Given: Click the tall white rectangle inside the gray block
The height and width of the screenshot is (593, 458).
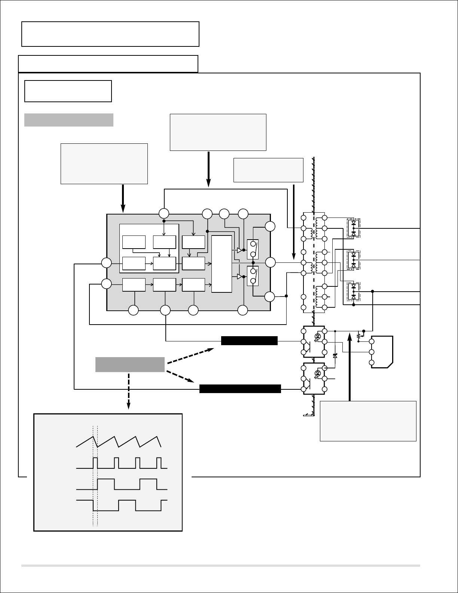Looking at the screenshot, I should tap(222, 264).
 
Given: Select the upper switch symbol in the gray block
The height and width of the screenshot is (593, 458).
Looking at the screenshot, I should tap(253, 249).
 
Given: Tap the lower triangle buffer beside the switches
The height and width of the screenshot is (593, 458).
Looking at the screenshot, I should tap(240, 277).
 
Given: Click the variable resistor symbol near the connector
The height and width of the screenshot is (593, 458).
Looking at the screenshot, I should tap(359, 336).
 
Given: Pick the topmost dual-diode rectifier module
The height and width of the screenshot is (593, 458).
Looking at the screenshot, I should tap(354, 228).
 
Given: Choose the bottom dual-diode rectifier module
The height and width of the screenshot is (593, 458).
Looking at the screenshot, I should tap(354, 292).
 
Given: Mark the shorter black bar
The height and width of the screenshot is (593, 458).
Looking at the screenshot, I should tap(249, 341).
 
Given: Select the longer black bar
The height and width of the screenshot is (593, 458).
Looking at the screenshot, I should tap(240, 389).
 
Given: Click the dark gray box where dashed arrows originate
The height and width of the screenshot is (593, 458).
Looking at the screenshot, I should tap(130, 364).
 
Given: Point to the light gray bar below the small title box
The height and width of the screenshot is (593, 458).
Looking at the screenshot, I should tap(69, 120).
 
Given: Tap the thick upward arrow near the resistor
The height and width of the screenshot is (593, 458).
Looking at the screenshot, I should tap(350, 367).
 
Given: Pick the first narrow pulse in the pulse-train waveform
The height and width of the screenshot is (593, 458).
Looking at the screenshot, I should tap(95, 463).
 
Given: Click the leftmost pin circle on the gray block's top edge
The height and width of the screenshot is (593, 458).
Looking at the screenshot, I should tap(164, 214).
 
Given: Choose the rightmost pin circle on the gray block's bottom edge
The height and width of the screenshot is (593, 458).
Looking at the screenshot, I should tap(243, 310).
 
